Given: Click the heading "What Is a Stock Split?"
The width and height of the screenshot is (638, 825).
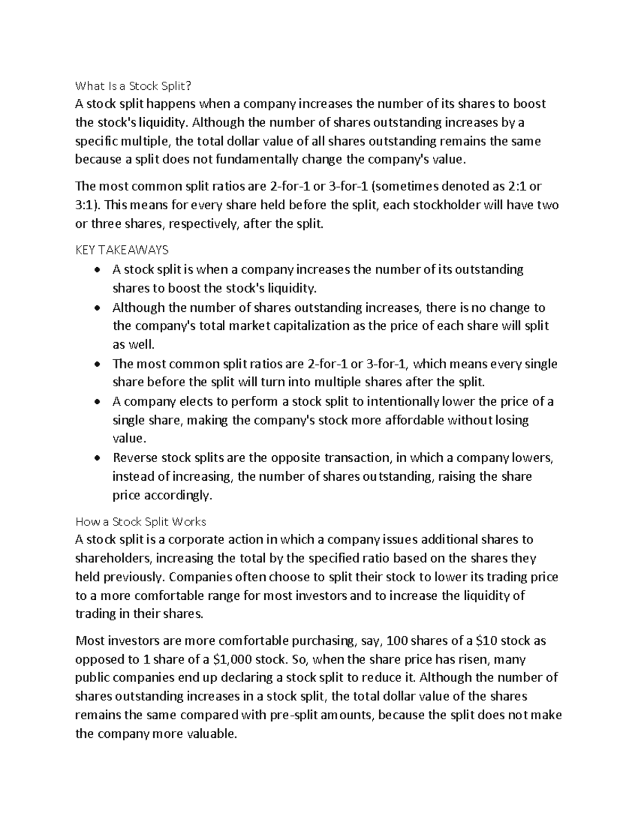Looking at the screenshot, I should pos(132,85).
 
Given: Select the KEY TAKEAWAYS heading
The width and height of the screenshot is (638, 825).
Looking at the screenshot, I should pos(122,250).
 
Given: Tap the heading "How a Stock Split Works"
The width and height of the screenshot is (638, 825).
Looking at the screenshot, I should pos(141,521).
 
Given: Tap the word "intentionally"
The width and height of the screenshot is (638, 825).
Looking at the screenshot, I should pos(404,402).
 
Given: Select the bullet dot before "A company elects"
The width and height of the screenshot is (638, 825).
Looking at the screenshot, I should pos(96,402).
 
